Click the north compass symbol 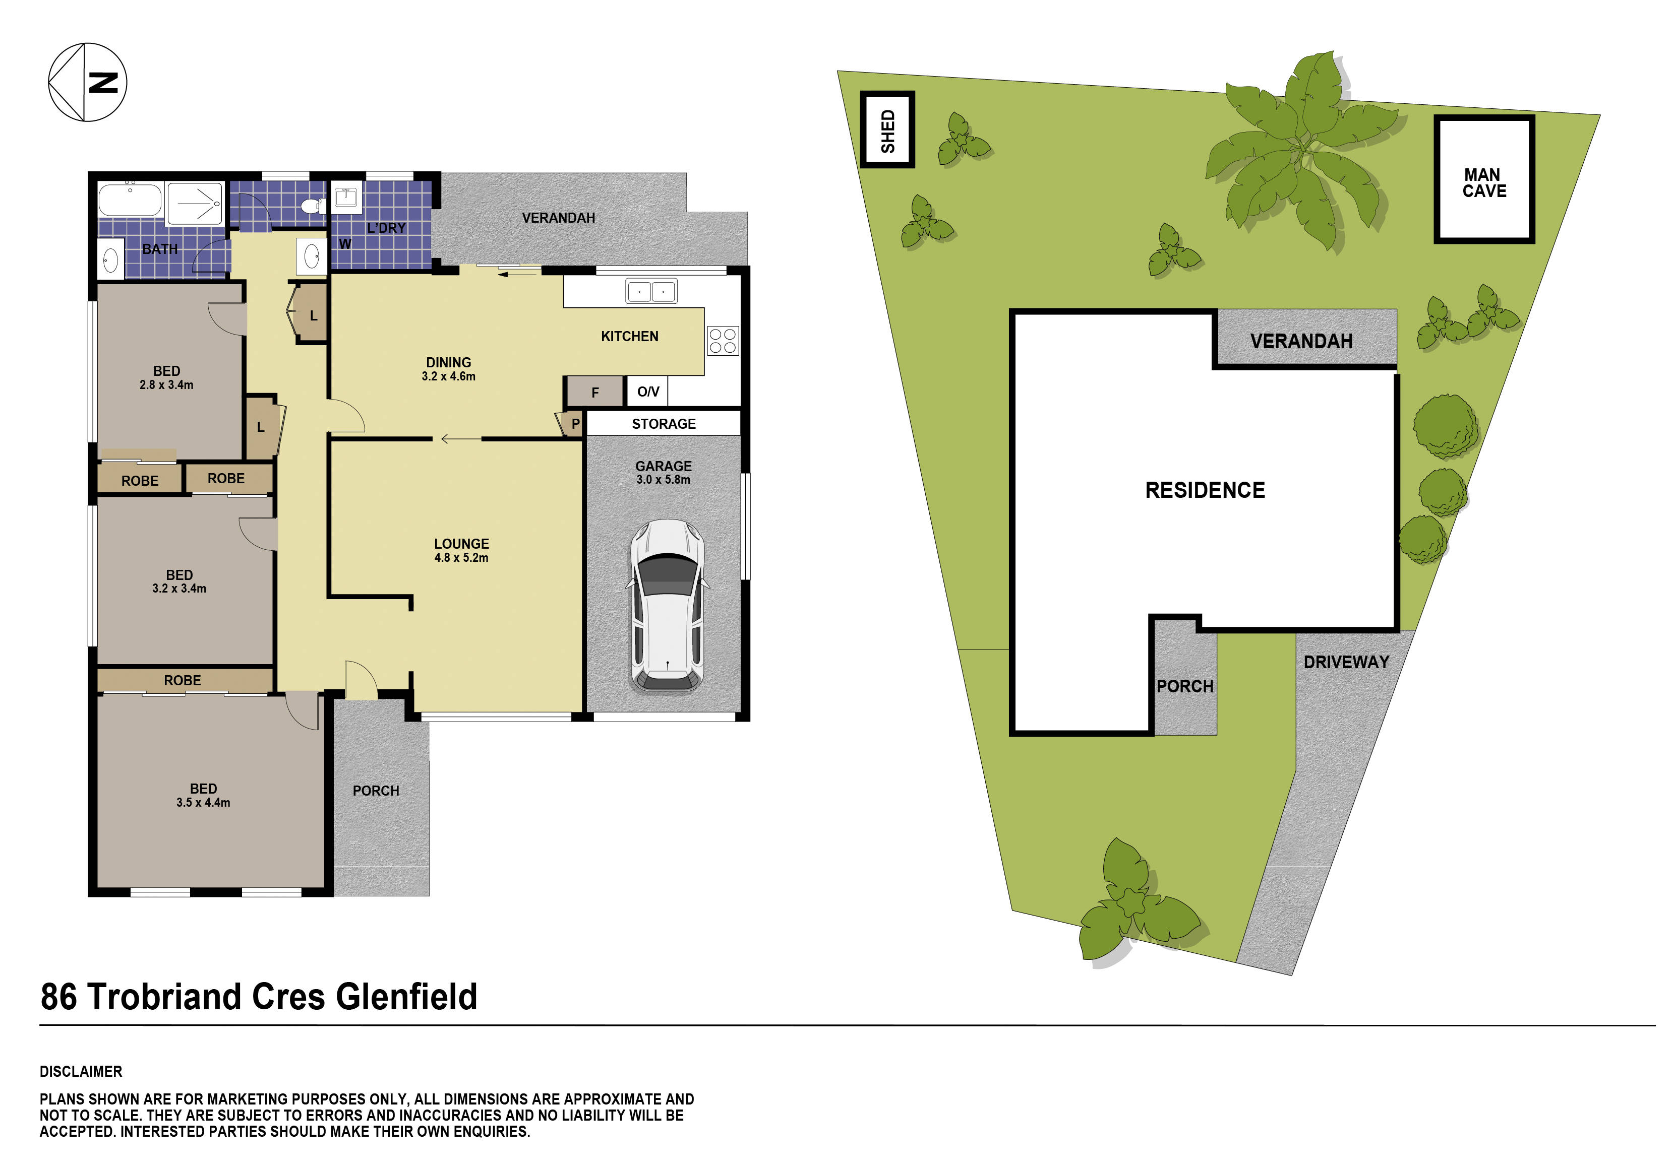(87, 82)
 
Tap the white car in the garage (667, 606)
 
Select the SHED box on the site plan (887, 129)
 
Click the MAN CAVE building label (1483, 183)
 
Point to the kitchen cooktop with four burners (722, 341)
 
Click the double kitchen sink (650, 291)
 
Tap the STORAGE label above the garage (663, 424)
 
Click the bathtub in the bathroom (130, 200)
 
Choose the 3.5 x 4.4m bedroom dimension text (203, 803)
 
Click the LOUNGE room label (461, 544)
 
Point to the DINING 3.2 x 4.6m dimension (448, 376)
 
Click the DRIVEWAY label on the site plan (1346, 662)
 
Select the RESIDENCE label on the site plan (1205, 490)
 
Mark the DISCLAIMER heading (81, 1071)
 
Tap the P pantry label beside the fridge (575, 424)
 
